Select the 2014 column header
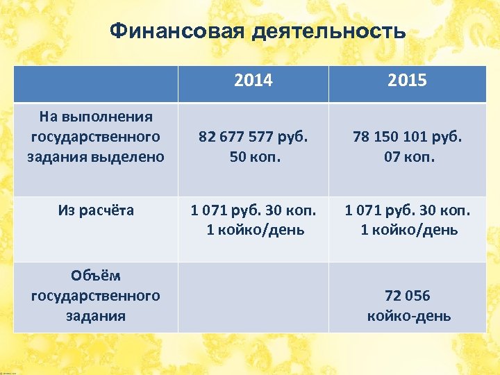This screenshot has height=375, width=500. tap(253, 81)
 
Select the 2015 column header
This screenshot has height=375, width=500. tap(407, 81)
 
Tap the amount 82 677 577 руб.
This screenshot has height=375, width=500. tap(253, 137)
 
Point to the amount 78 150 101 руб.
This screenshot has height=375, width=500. tap(407, 137)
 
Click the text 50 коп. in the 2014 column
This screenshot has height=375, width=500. tap(253, 157)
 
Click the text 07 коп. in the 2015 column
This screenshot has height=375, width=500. tap(407, 157)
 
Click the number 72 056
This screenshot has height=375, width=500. tap(407, 296)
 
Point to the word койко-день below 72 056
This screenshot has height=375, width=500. tap(408, 316)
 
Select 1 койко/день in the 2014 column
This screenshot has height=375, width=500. tap(255, 229)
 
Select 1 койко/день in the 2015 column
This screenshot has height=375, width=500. tap(408, 229)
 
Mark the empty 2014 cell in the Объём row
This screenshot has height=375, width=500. tap(253, 297)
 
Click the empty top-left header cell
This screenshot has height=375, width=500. tap(96, 84)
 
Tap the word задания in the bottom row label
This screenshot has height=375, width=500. tap(96, 316)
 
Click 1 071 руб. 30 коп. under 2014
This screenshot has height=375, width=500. tap(253, 209)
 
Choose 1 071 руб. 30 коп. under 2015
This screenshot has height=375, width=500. tap(407, 209)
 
